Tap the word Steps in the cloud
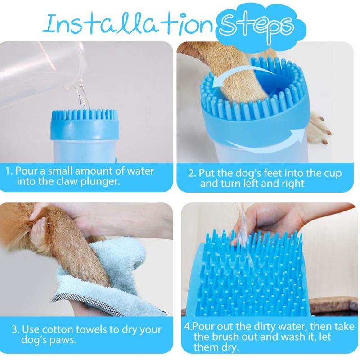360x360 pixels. tap(256, 27)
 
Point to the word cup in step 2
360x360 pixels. tap(333, 174)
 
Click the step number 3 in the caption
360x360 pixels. tap(15, 329)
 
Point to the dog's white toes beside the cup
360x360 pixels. tap(319, 128)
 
